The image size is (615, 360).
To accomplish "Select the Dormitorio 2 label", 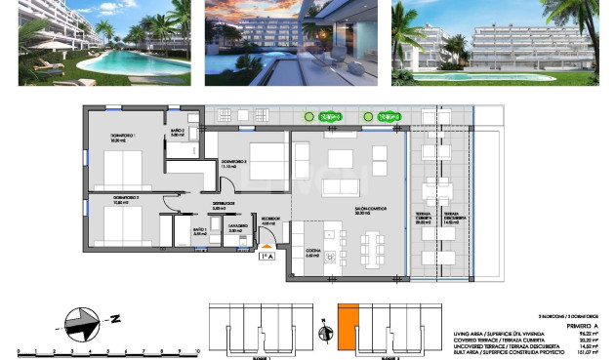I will pyautogui.click(x=232, y=163).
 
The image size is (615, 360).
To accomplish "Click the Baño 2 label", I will pyautogui.click(x=178, y=133).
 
